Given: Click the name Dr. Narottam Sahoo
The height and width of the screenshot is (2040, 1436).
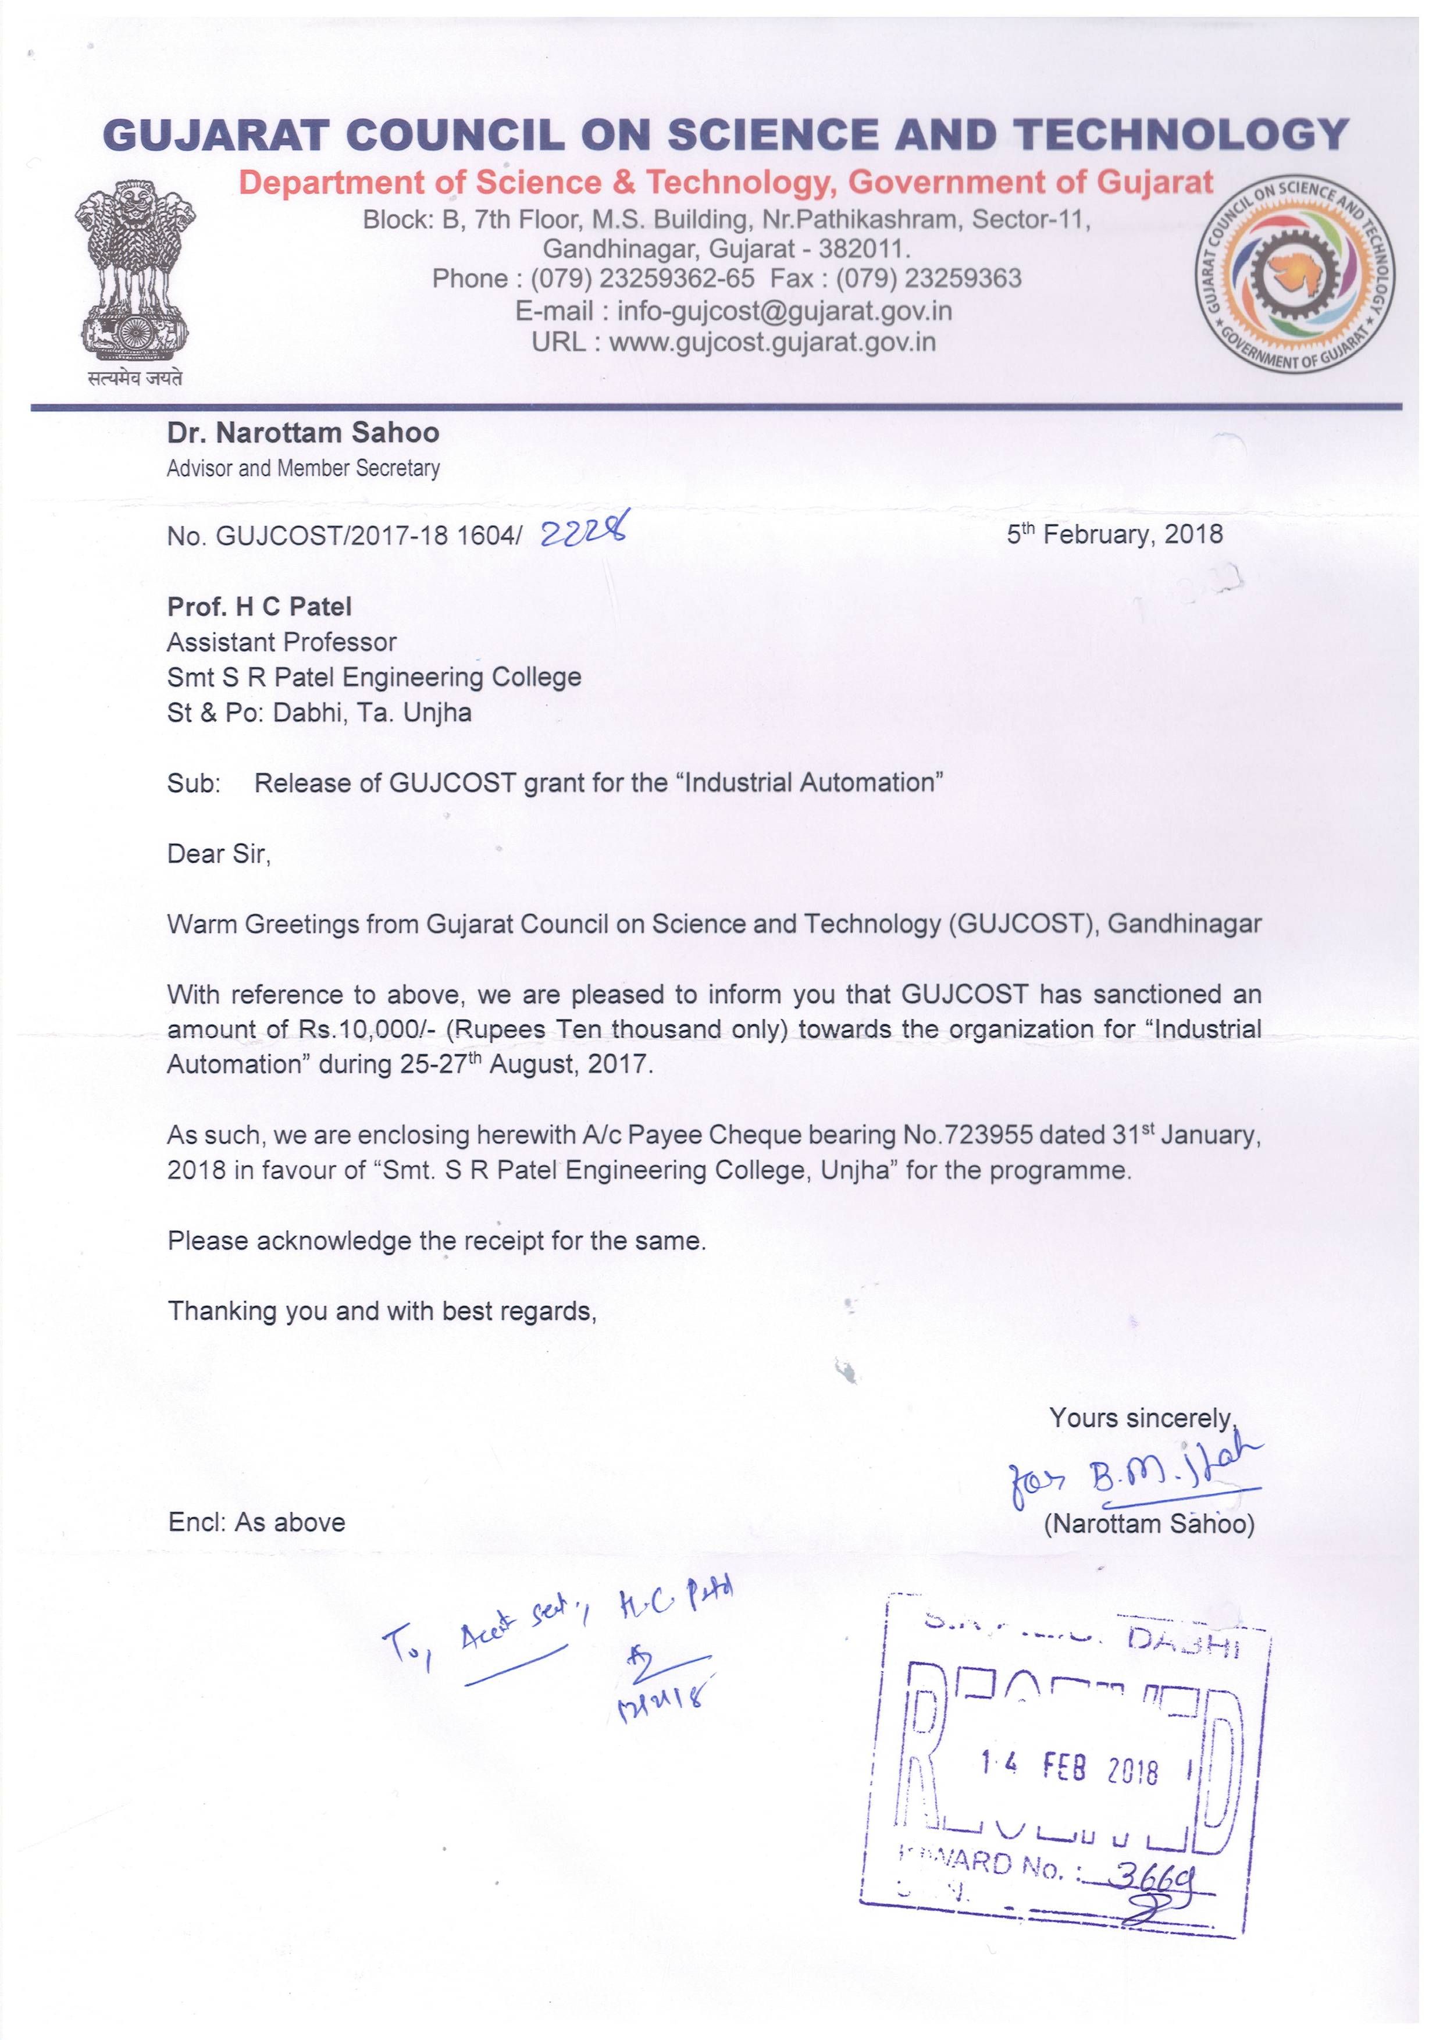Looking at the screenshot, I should (303, 433).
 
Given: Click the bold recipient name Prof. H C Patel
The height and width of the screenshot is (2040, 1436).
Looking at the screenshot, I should (259, 607).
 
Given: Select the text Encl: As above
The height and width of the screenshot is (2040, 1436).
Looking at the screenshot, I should (257, 1522).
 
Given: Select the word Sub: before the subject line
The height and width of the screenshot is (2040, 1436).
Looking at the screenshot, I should (194, 783).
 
